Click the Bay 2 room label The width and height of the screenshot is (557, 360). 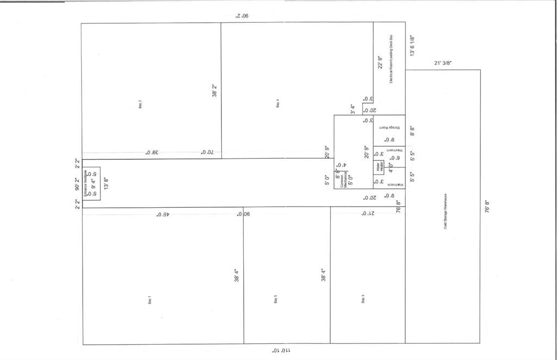(x=140, y=103)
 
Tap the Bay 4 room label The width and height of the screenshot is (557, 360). (x=278, y=103)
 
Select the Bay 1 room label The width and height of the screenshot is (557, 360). (x=150, y=300)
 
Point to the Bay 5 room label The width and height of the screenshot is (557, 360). (x=276, y=299)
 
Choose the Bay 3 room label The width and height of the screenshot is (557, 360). (x=363, y=299)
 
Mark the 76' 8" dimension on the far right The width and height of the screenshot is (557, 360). (x=487, y=207)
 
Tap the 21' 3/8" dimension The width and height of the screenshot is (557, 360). (x=443, y=64)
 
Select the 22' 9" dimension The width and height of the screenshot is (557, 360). (x=380, y=63)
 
